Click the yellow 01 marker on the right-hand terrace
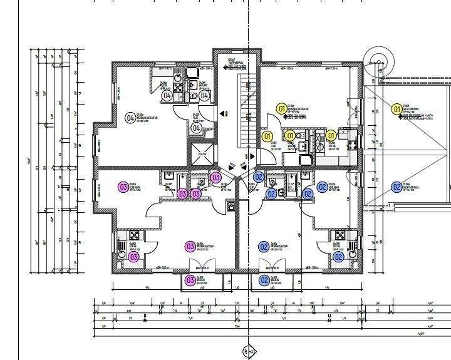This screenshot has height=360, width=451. [x=396, y=110]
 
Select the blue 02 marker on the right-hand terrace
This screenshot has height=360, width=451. [x=396, y=187]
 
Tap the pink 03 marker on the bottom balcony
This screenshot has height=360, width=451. [x=190, y=280]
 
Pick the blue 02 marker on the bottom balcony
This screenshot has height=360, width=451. [x=264, y=280]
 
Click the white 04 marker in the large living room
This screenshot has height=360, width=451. [x=130, y=117]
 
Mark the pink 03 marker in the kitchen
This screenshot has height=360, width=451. [x=133, y=257]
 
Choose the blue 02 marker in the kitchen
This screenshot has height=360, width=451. [x=338, y=257]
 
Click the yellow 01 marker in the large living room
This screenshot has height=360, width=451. [x=282, y=110]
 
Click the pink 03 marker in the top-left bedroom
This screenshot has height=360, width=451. [x=123, y=186]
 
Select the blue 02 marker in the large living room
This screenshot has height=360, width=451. [x=264, y=247]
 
